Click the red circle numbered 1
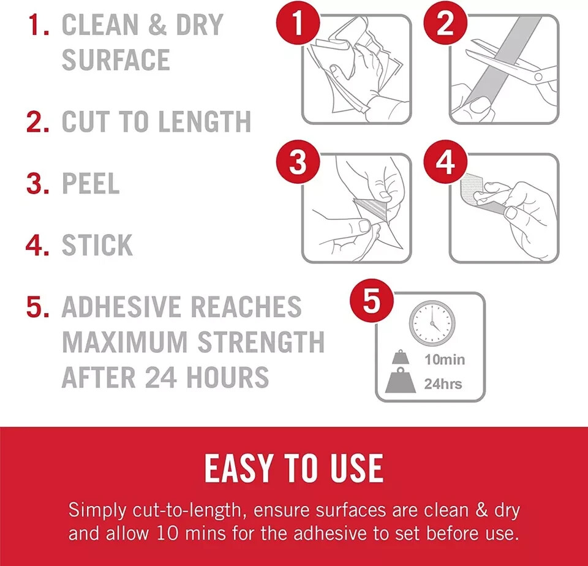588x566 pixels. (x=298, y=23)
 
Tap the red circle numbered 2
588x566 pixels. (x=445, y=23)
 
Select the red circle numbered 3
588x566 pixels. (x=298, y=162)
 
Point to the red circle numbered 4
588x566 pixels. (x=445, y=162)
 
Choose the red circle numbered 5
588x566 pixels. (x=372, y=300)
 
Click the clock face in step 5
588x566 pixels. (x=432, y=323)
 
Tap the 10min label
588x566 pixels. (x=445, y=360)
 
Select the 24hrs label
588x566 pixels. (x=443, y=383)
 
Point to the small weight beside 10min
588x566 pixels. (x=401, y=358)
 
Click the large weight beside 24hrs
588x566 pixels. (x=401, y=381)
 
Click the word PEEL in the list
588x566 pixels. (x=91, y=183)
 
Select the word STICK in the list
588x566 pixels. (x=97, y=245)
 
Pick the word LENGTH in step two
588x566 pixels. (x=205, y=121)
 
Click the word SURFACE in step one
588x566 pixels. (x=116, y=59)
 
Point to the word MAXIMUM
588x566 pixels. (x=124, y=342)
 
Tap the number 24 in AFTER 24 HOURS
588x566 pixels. (x=161, y=377)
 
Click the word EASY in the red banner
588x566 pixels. (x=239, y=468)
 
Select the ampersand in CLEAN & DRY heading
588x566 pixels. (x=157, y=25)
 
